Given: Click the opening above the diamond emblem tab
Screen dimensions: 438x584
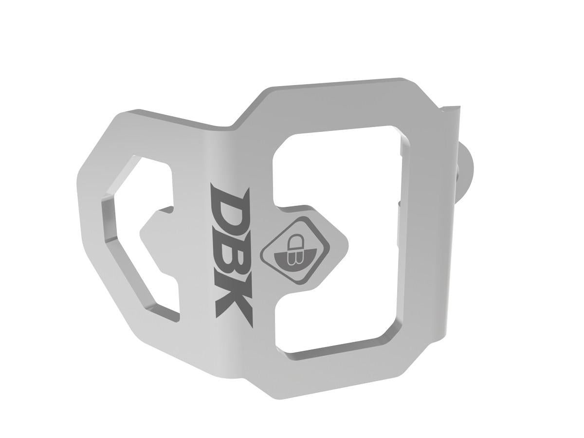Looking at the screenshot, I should click(x=336, y=170).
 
